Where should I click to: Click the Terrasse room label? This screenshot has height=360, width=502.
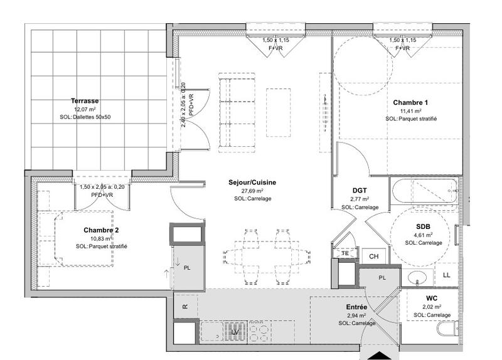[x=85, y=100]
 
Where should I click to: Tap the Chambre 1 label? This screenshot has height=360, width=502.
[x=410, y=102]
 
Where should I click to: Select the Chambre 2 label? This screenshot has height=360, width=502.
[x=101, y=230]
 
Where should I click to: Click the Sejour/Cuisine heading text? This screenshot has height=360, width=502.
[x=252, y=183]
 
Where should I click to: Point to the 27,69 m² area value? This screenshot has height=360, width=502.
[x=252, y=191]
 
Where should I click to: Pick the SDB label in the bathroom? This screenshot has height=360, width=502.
[x=424, y=226]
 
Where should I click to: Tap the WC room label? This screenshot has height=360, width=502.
[x=431, y=299]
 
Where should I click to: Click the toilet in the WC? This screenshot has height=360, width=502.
[x=447, y=331]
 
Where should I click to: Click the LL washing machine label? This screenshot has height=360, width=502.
[x=446, y=275]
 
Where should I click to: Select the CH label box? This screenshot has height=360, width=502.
[x=373, y=257]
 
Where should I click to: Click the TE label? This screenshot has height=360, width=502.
[x=344, y=253]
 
